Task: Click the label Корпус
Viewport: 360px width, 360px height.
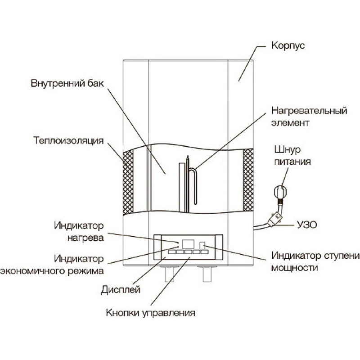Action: point(288,46)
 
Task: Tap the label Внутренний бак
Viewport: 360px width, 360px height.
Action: point(67,83)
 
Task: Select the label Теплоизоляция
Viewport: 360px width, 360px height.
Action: point(68,140)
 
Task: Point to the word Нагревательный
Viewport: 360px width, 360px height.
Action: point(309,111)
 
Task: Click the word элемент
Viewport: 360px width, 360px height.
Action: point(290,123)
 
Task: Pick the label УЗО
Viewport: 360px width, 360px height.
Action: point(307,225)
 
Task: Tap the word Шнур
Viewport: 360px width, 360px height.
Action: point(288,150)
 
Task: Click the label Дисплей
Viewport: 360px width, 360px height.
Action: point(121,290)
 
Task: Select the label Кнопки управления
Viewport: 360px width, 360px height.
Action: point(150,313)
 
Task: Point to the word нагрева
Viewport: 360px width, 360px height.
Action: point(85,238)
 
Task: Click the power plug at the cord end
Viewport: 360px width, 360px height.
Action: point(280,192)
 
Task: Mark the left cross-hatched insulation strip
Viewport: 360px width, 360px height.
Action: point(128,182)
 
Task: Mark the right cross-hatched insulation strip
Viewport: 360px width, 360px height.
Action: point(248,180)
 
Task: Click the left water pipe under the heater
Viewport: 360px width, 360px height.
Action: point(170,274)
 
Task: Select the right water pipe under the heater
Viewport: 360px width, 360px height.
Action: point(207,274)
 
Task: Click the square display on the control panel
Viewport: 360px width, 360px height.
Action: point(188,244)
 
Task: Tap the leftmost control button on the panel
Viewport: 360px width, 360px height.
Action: point(172,252)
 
